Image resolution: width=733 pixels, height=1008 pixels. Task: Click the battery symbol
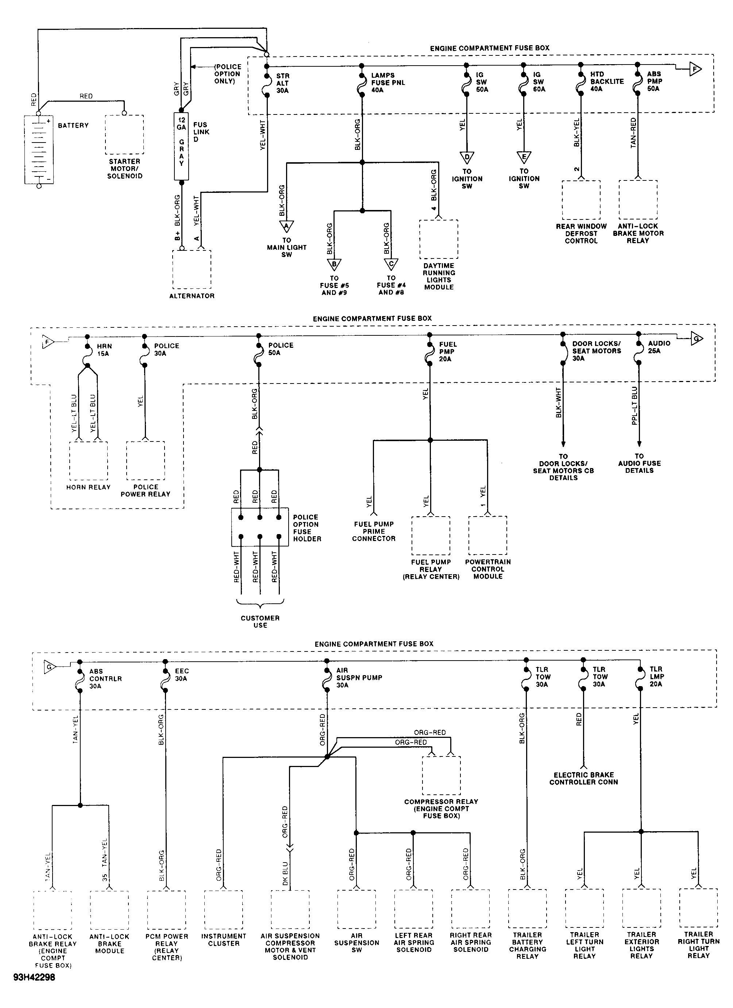[x=39, y=149]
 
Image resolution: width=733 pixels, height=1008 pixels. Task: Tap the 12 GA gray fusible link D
[x=181, y=146]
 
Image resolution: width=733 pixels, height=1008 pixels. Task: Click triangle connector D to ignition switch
[x=467, y=158]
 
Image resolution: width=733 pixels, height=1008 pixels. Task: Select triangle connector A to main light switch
[x=286, y=227]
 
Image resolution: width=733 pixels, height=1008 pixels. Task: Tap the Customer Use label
[x=260, y=621]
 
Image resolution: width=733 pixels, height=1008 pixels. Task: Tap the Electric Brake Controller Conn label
[x=583, y=778]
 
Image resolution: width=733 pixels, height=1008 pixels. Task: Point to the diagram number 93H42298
[x=34, y=977]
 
